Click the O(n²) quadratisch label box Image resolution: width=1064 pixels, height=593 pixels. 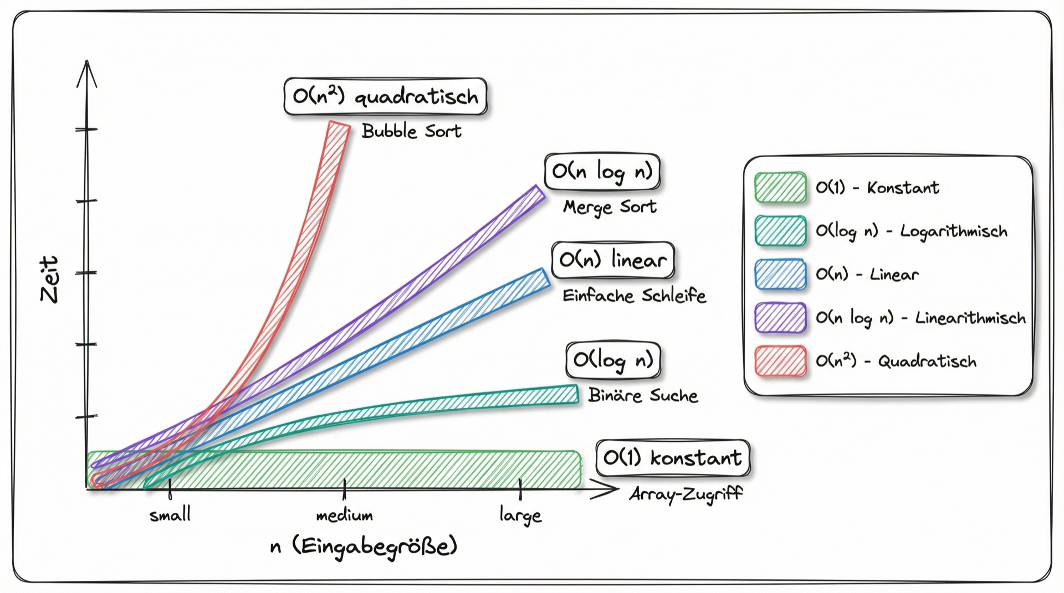coord(386,96)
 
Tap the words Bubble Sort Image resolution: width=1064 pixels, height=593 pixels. coord(411,131)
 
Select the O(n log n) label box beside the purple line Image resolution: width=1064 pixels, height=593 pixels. coord(602,172)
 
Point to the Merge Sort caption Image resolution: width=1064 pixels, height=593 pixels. coord(610,207)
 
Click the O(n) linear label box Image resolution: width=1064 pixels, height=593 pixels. coord(613,260)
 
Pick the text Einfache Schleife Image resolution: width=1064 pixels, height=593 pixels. coord(635,296)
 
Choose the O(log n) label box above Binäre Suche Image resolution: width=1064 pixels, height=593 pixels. coord(613,360)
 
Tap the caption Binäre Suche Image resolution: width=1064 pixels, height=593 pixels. coord(643,395)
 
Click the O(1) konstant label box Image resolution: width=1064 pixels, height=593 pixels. coord(673,458)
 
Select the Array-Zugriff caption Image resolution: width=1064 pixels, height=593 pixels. coord(686,493)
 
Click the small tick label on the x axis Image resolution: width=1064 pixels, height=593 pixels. coord(170,515)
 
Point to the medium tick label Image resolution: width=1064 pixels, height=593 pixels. coord(344,515)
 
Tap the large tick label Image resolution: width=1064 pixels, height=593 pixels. coord(520,515)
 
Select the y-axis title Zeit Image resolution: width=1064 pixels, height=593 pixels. coord(49,279)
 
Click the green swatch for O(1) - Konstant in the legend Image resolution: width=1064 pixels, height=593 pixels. coord(780,187)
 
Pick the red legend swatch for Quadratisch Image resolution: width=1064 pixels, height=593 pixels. coord(780,361)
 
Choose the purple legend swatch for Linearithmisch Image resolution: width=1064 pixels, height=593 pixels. coord(780,318)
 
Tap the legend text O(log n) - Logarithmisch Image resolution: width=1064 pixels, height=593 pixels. coord(912,231)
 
